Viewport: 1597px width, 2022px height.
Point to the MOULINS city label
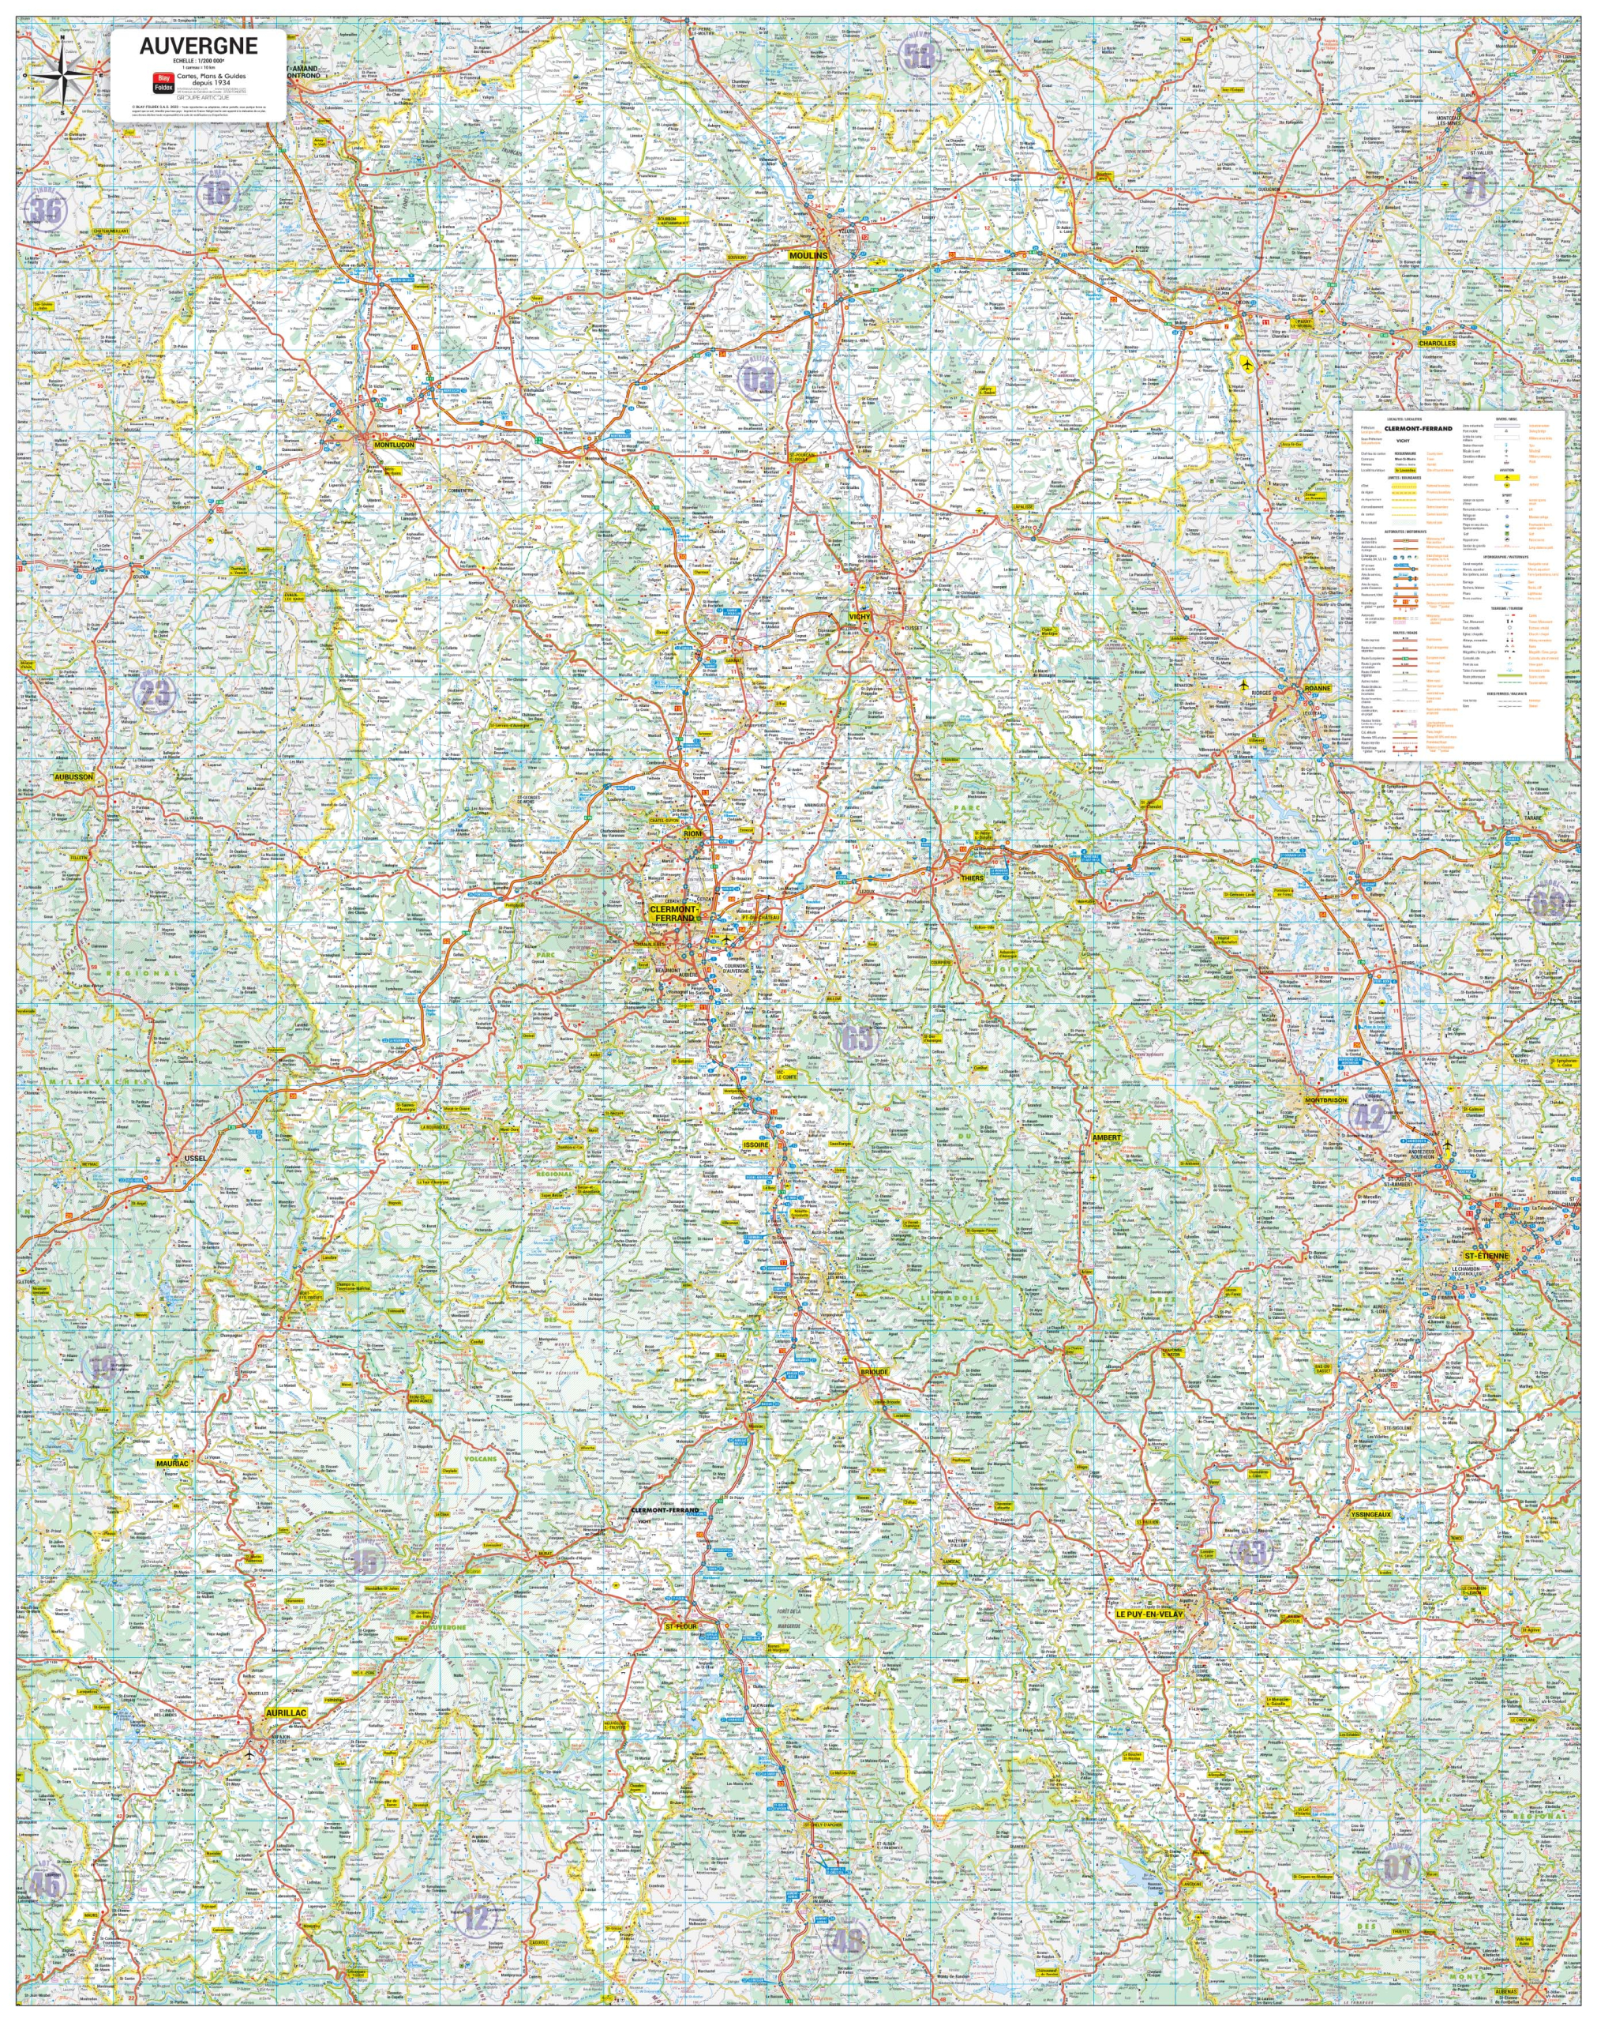(x=809, y=254)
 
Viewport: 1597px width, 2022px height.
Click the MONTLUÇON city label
(x=394, y=445)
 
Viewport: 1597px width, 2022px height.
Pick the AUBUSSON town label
(x=73, y=777)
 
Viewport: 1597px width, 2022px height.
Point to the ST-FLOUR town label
(x=681, y=1626)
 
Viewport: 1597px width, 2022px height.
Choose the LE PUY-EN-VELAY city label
(x=1148, y=1614)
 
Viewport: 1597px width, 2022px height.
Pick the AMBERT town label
(x=1106, y=1137)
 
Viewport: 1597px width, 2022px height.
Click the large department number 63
(x=857, y=1036)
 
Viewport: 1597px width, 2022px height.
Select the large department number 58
(x=918, y=55)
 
